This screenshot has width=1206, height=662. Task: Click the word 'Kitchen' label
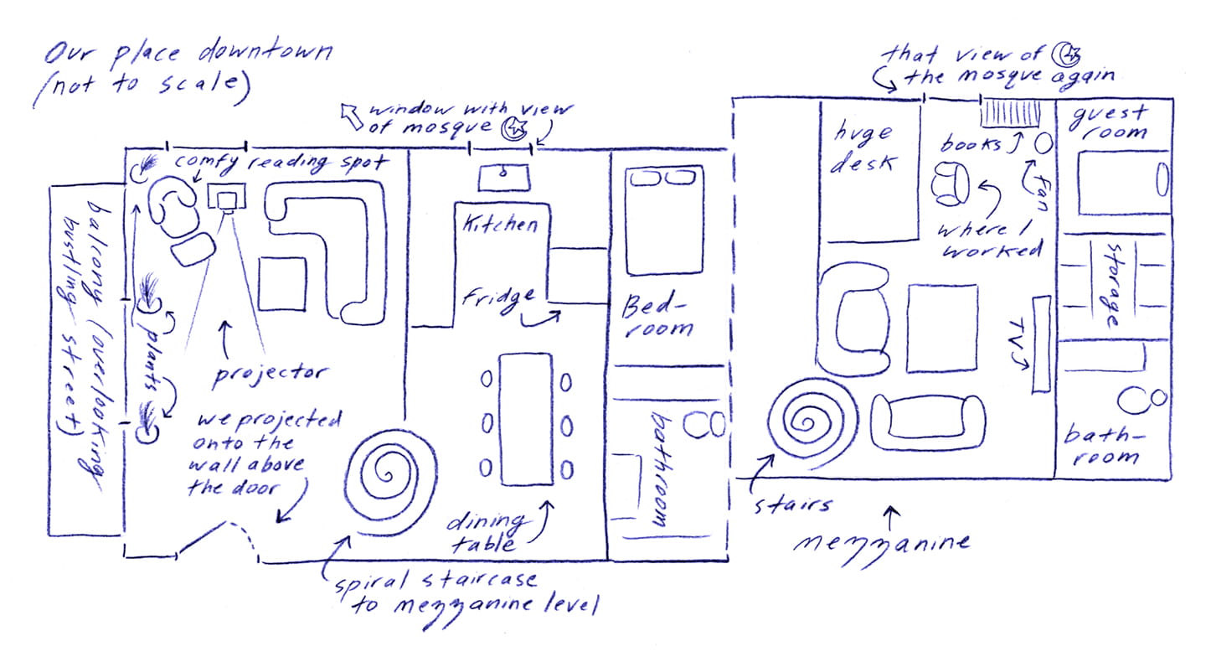coord(500,223)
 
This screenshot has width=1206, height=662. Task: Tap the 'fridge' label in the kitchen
coord(499,300)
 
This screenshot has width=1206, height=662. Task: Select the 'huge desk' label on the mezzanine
coord(863,147)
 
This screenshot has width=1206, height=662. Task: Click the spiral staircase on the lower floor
coord(389,481)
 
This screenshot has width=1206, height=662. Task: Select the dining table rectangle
coord(526,419)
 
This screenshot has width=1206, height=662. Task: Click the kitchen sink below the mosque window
coord(504,178)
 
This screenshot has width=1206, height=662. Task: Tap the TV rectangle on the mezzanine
coord(1041,344)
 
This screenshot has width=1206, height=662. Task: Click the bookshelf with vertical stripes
coord(1010,114)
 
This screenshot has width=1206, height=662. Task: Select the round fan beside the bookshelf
coord(1044,144)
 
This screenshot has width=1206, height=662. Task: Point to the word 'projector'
coord(269,375)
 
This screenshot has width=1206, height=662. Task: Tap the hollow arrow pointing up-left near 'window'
coord(352,116)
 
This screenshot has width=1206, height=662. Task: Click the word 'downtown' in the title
coord(266,52)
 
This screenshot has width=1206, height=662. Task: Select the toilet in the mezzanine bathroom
coord(1142,399)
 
